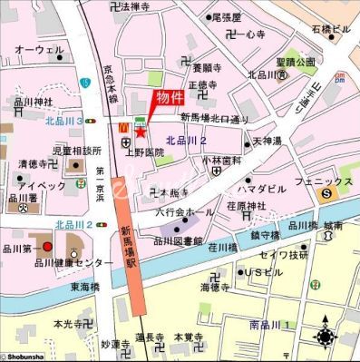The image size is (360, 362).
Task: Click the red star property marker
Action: point(140,133)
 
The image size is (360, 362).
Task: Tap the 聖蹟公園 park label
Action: point(296,62)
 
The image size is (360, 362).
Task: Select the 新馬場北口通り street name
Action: point(214,118)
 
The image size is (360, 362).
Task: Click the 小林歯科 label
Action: point(218,160)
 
